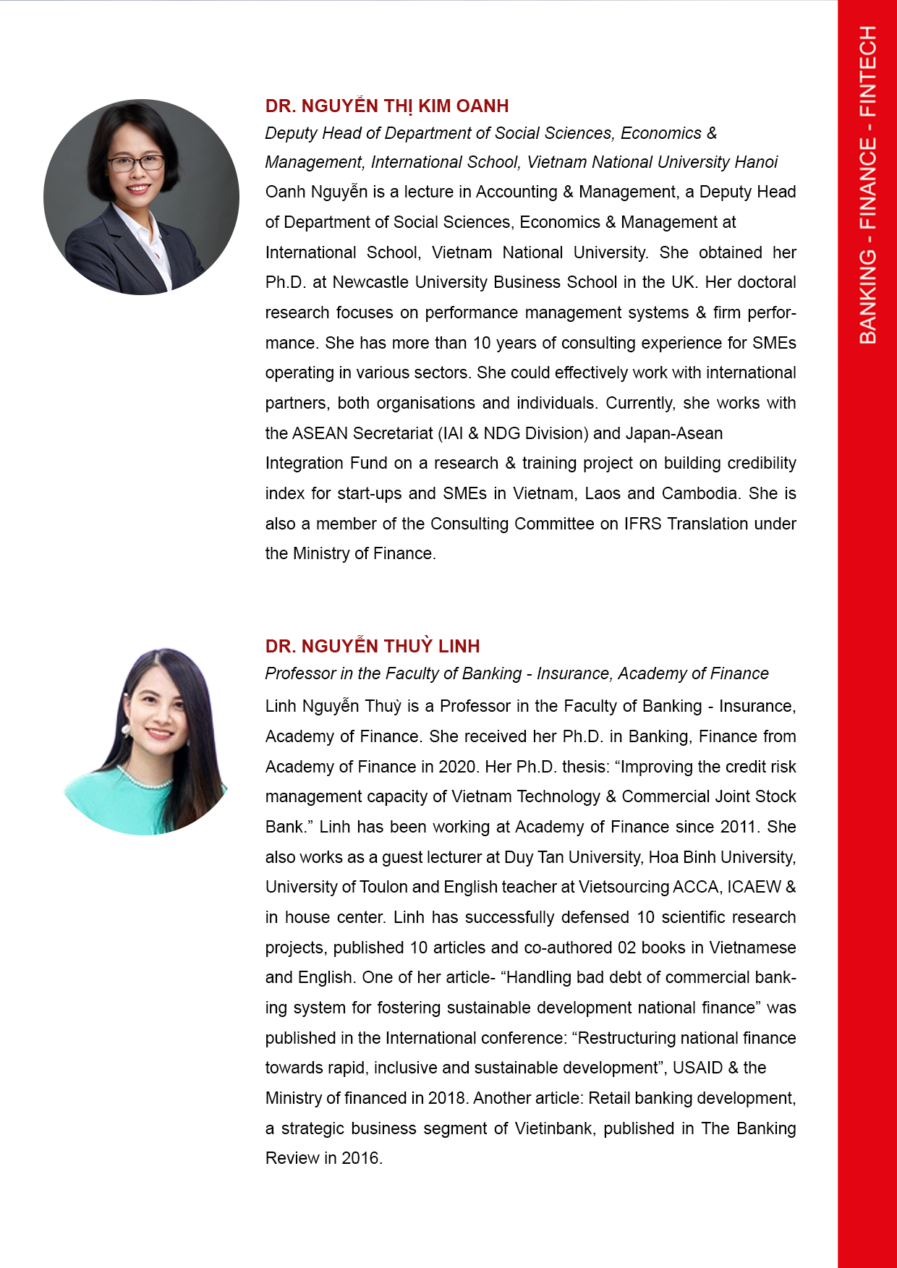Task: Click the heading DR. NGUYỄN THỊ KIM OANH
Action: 387,106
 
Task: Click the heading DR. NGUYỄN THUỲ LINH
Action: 373,646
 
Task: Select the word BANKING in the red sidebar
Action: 867,297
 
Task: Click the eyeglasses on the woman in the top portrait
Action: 136,163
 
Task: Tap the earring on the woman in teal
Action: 126,729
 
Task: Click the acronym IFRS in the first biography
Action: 642,524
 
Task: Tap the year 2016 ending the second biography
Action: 360,1158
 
